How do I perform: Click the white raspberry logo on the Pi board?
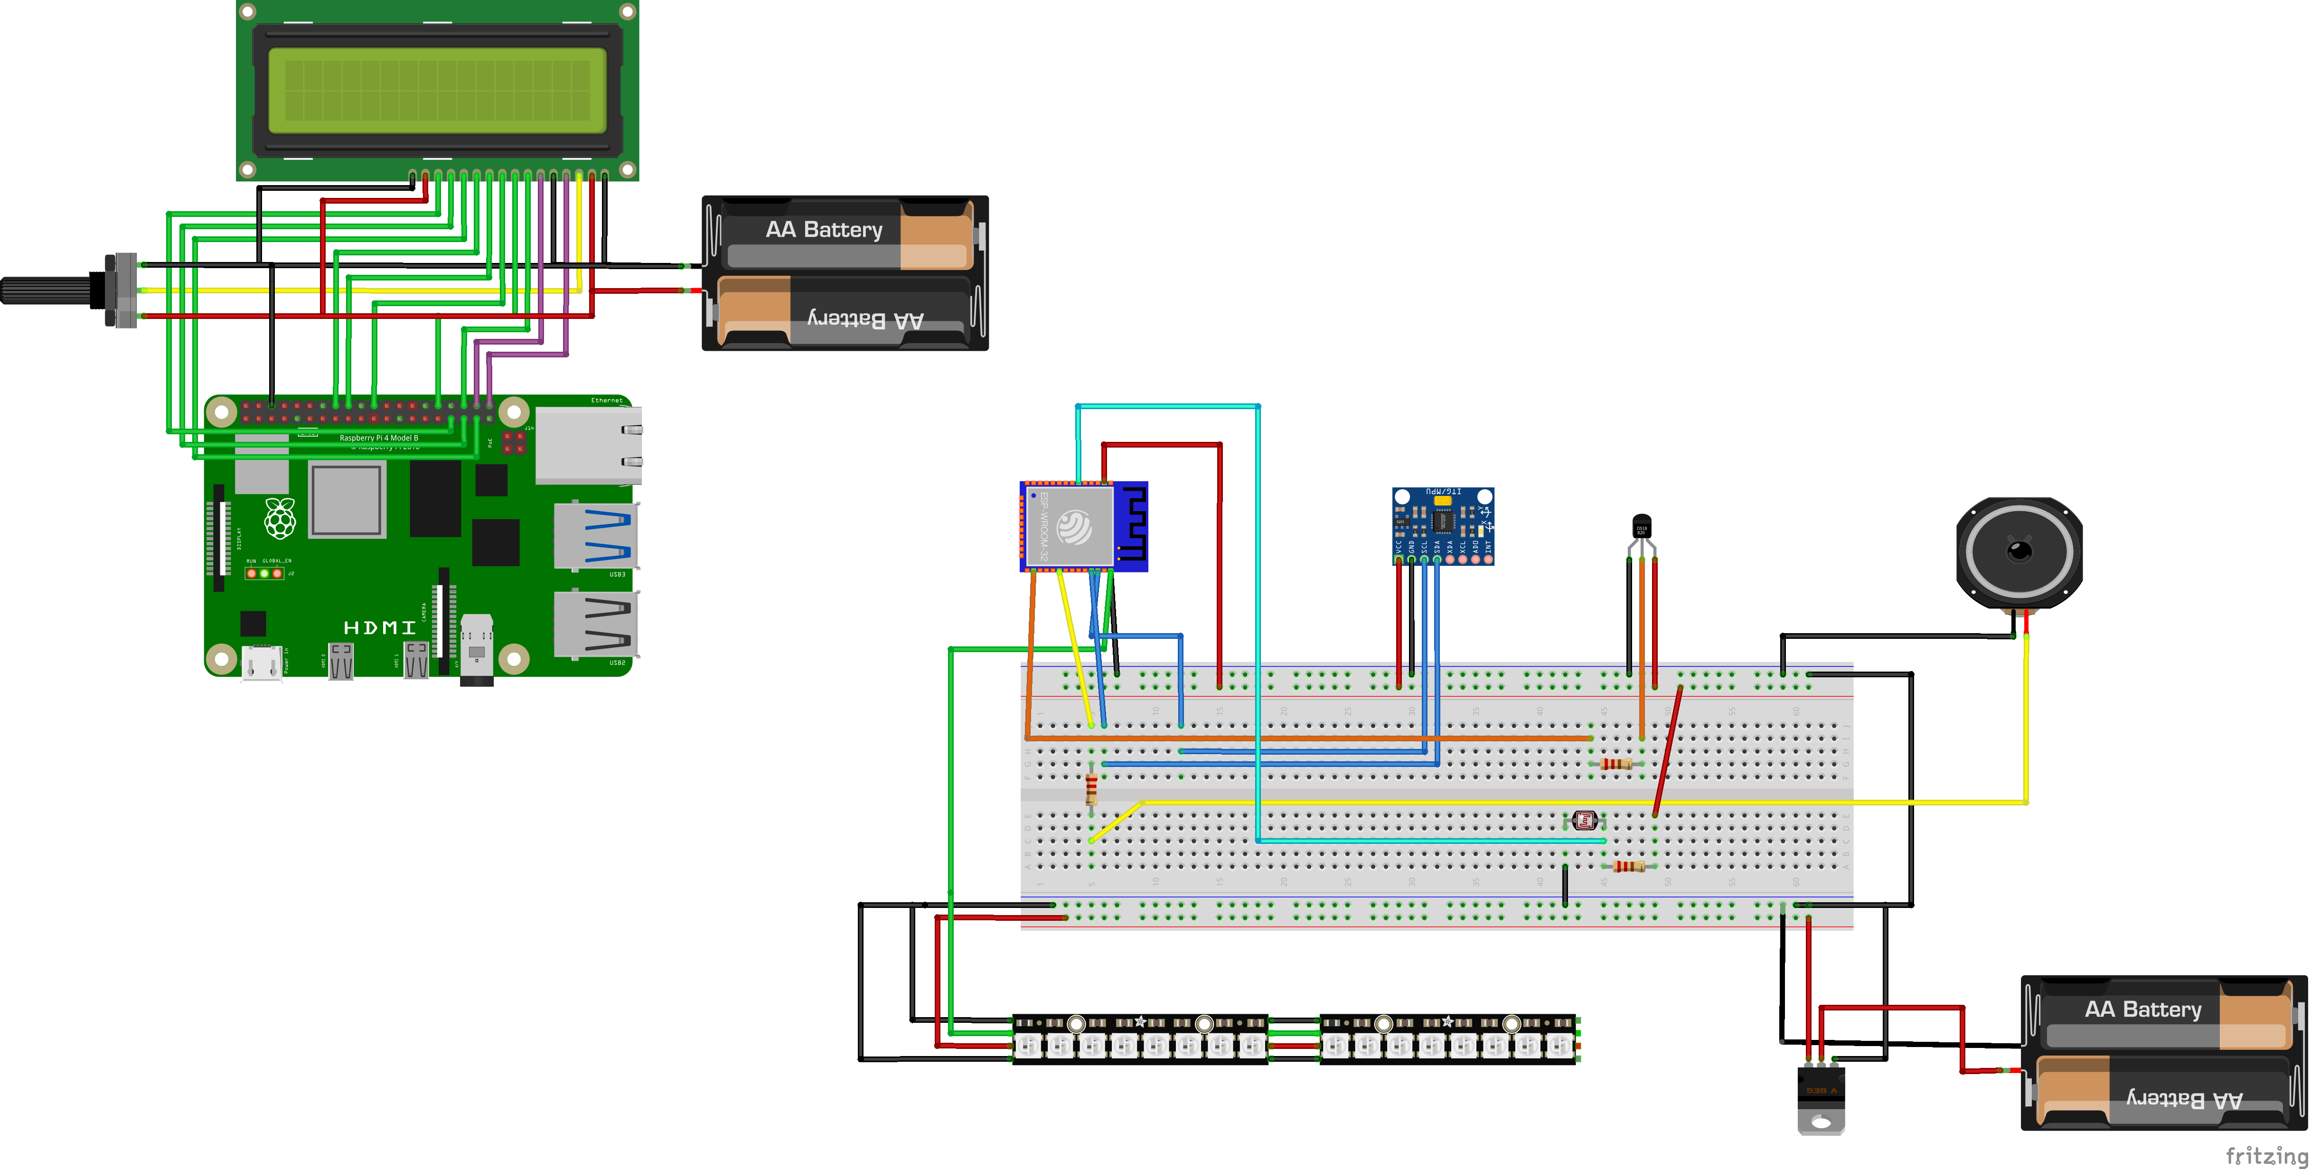click(x=280, y=518)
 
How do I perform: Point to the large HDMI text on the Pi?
click(x=379, y=627)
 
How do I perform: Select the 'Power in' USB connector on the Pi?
click(x=262, y=664)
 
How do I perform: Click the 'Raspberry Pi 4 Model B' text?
click(x=378, y=438)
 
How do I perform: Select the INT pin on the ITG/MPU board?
click(x=1489, y=559)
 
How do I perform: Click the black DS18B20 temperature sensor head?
click(x=1641, y=526)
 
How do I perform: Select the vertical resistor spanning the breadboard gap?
click(x=1091, y=789)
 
